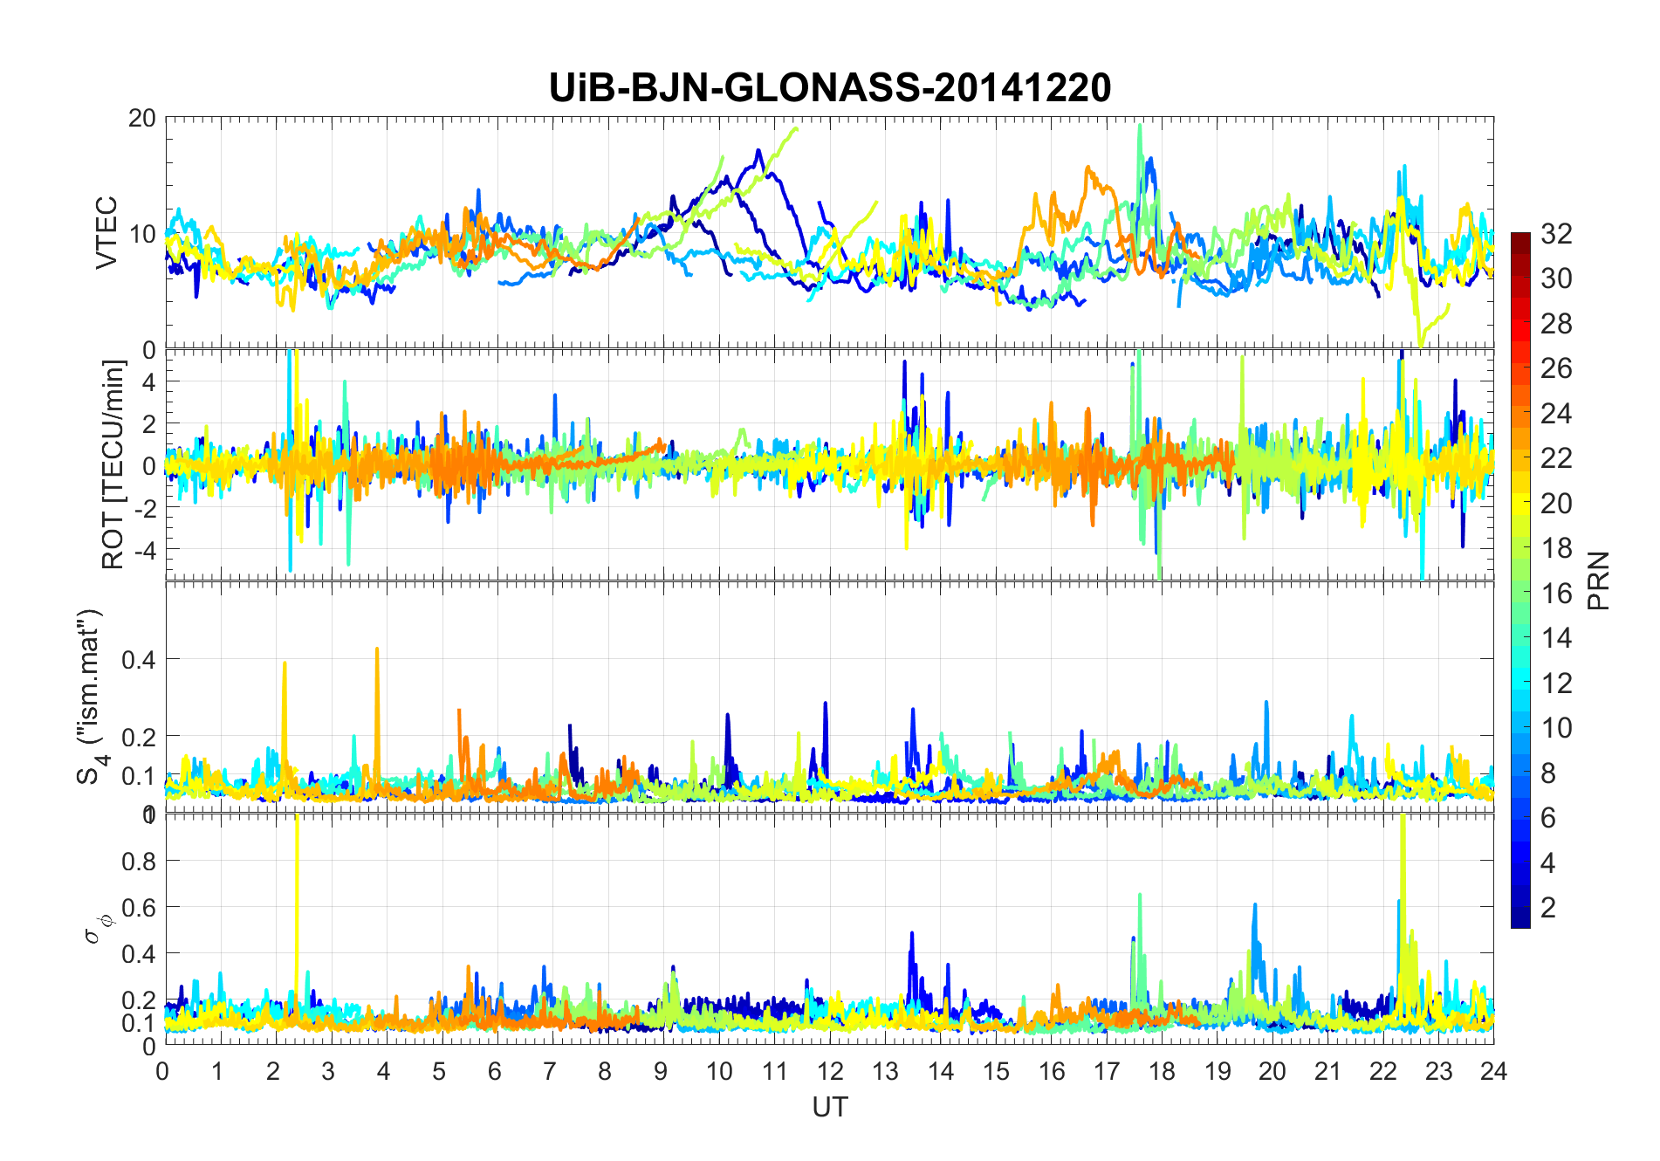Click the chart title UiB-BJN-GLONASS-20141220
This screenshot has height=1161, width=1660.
click(x=829, y=88)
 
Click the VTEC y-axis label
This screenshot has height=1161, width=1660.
click(x=106, y=233)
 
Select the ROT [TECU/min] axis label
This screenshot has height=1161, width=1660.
click(x=113, y=464)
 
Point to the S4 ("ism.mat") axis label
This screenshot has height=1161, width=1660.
click(x=91, y=697)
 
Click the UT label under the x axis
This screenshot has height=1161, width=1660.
click(x=829, y=1108)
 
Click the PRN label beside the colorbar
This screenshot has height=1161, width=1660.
click(x=1599, y=580)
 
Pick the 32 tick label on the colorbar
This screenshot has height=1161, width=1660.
click(x=1556, y=233)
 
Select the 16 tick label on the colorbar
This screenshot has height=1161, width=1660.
click(x=1556, y=593)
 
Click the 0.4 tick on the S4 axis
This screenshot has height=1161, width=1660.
click(x=138, y=659)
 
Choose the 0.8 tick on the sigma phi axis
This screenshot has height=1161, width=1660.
click(x=138, y=861)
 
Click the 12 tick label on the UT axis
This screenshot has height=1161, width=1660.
click(x=829, y=1071)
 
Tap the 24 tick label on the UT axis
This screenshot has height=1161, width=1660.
click(x=1493, y=1071)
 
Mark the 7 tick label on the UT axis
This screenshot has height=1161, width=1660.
click(x=550, y=1071)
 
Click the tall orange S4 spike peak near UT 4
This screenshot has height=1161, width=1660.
click(x=377, y=649)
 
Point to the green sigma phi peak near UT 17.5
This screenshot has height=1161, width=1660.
click(x=1140, y=896)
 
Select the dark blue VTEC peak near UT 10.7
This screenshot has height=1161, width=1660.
click(x=759, y=150)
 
